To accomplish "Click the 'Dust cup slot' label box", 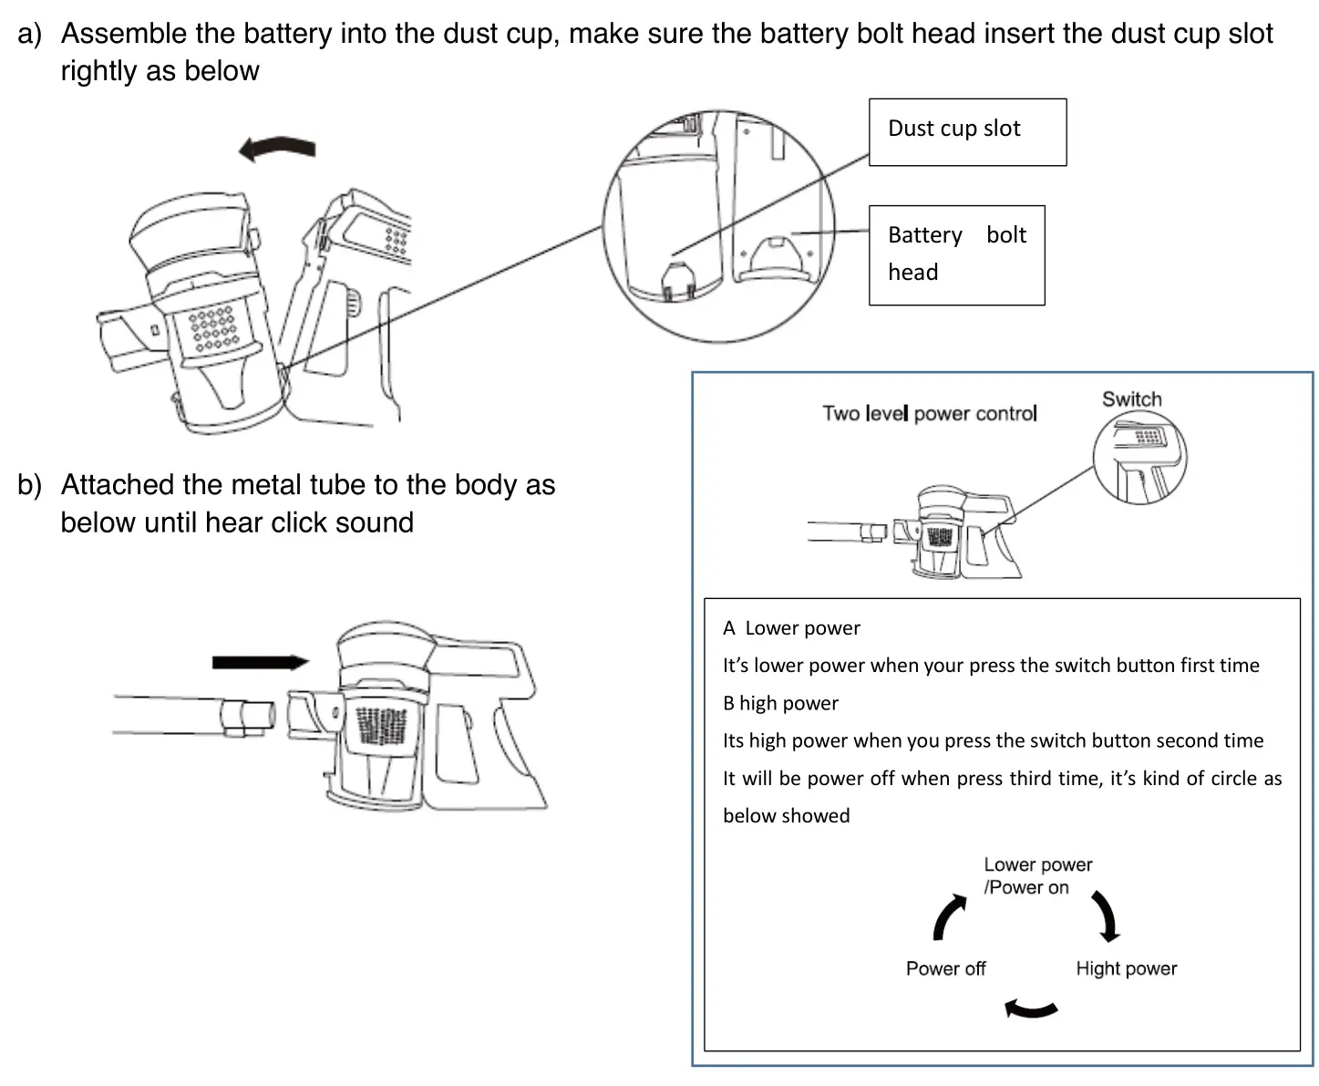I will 966,132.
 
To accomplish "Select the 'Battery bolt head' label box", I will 956,254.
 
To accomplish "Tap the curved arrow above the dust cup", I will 277,148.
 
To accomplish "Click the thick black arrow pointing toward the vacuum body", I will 260,662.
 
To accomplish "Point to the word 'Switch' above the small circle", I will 1131,399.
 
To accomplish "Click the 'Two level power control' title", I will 929,414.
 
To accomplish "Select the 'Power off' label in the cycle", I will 945,968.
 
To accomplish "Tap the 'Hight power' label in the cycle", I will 1126,968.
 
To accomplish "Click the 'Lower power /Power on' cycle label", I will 1036,875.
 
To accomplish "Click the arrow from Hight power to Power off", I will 1030,1008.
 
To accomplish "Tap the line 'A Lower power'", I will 791,628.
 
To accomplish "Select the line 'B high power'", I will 780,703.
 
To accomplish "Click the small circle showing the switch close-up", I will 1139,458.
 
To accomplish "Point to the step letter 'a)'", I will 29,35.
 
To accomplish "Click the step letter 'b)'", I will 29,485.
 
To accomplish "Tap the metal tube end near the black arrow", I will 246,716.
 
